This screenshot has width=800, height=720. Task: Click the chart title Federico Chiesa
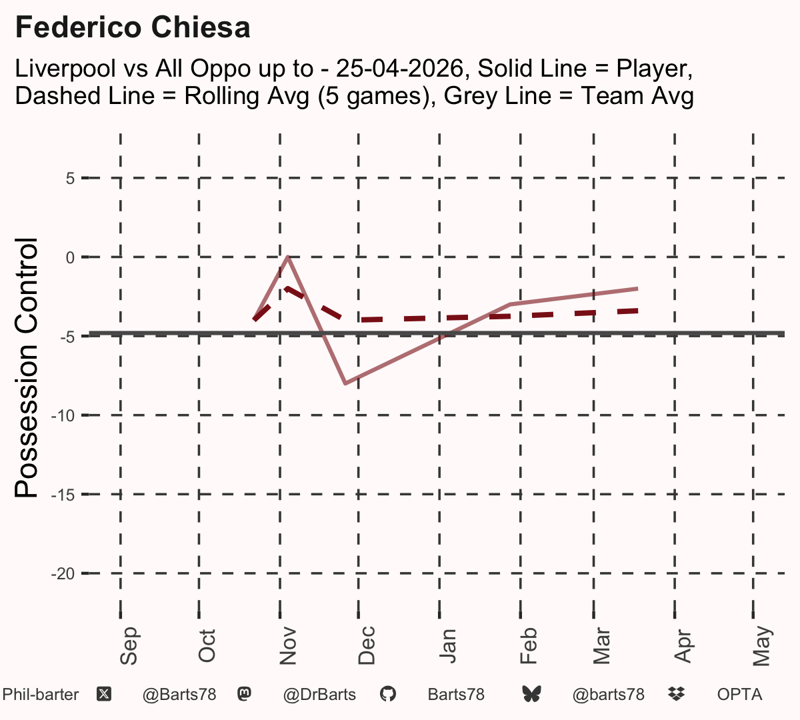point(133,27)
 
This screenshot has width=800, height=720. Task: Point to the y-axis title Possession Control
point(26,367)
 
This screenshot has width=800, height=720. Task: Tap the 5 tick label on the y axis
point(70,178)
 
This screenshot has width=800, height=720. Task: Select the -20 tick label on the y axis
point(63,574)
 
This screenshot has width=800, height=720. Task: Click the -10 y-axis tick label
point(63,416)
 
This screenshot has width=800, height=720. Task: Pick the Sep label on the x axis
point(129,645)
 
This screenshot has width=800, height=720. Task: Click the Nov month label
point(288,646)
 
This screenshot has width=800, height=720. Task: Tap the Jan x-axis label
point(447,646)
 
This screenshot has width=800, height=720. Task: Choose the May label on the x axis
point(762,646)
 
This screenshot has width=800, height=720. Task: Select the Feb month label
point(529,646)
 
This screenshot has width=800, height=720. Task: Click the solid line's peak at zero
point(288,257)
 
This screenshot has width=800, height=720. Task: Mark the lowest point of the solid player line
point(345,383)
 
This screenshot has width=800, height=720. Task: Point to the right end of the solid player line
point(638,289)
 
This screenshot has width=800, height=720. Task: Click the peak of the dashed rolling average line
point(287,288)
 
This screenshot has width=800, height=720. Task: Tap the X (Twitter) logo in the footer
point(104,695)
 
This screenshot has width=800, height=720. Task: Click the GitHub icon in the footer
point(388,695)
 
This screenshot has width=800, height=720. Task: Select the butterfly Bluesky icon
point(532,695)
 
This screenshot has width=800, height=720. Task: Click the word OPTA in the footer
point(740,695)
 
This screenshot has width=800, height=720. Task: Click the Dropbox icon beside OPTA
point(677,694)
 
